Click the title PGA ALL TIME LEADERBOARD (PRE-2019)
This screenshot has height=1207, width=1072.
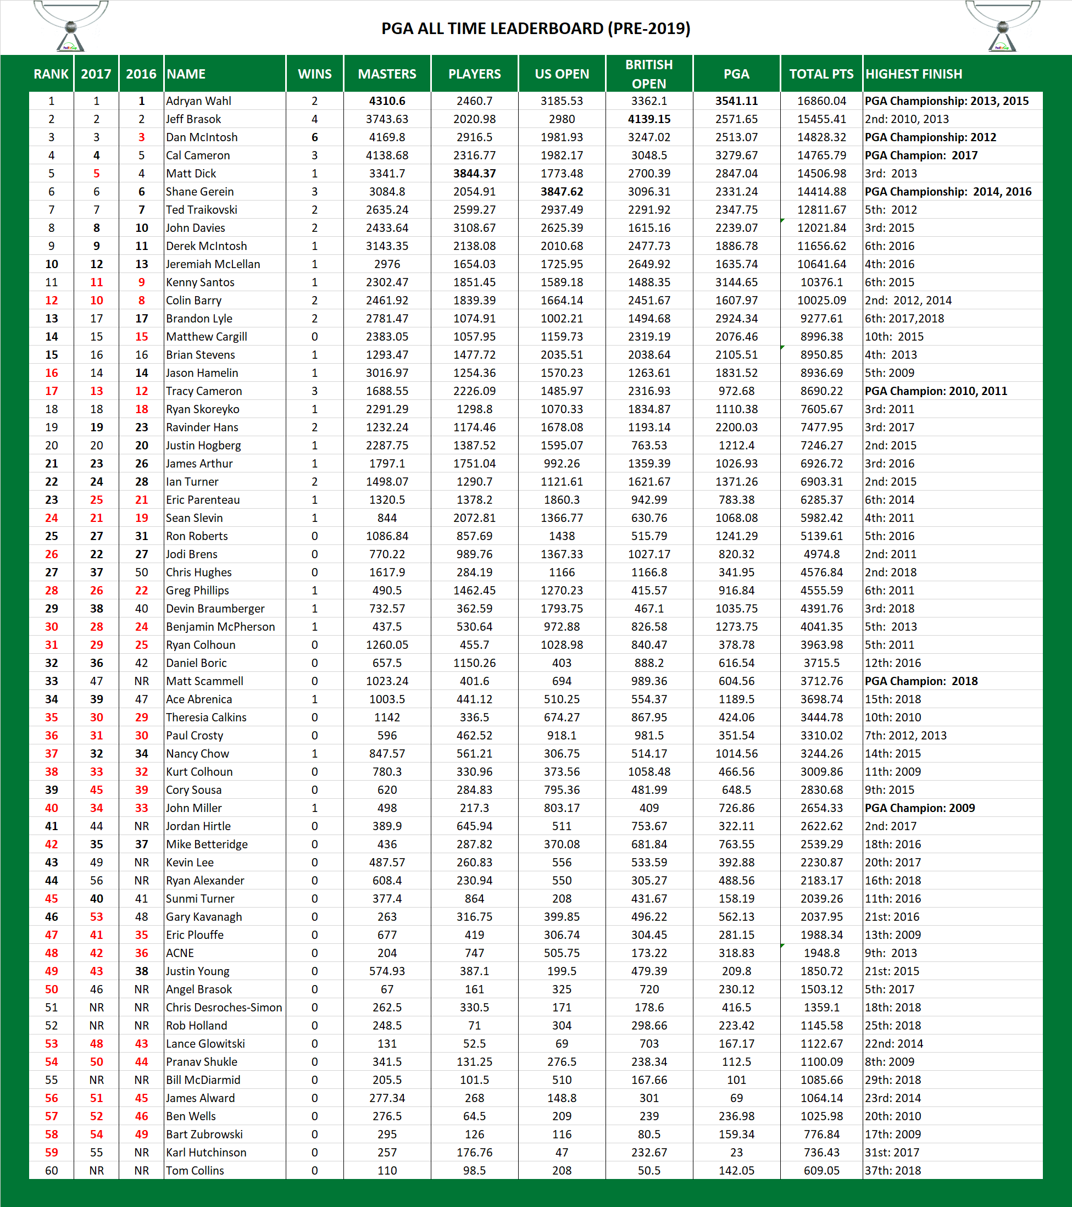(535, 29)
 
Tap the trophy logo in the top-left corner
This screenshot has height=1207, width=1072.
(70, 26)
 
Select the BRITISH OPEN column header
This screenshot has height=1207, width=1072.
(648, 74)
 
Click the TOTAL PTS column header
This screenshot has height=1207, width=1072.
(821, 74)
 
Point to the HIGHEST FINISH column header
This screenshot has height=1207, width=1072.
(913, 74)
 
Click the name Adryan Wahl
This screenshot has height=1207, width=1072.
(198, 101)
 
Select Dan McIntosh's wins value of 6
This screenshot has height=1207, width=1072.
(314, 137)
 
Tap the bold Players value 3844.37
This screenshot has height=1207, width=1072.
(474, 174)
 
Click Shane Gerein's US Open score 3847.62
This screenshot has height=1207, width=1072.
(561, 191)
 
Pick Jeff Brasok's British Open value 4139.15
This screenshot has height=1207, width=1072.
(648, 119)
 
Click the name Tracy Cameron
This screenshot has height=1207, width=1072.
(204, 391)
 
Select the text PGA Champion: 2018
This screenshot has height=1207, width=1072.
(921, 681)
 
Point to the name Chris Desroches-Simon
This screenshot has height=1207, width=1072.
(224, 1008)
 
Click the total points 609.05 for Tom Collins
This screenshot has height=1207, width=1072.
(821, 1170)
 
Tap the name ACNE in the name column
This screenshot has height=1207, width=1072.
(180, 953)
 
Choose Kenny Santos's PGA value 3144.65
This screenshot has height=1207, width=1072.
(736, 282)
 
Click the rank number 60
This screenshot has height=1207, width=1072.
(52, 1170)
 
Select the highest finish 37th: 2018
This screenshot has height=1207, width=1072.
(892, 1170)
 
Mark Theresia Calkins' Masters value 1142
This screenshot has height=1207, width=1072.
(387, 717)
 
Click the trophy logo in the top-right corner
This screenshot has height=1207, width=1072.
(1002, 26)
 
